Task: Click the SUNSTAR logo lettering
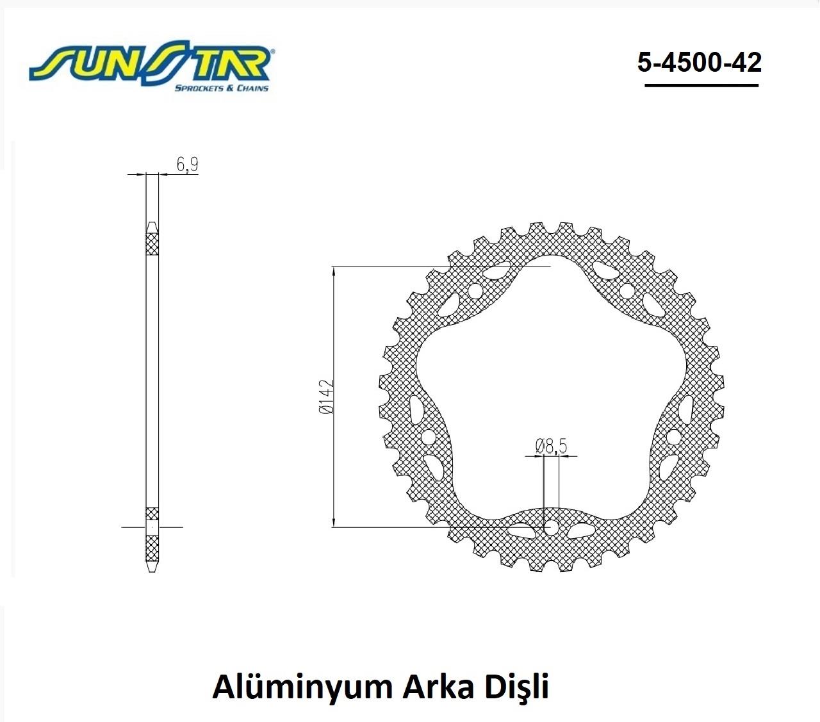coord(151,63)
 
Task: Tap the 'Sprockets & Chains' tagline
coord(222,88)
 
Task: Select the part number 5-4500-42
coord(700,62)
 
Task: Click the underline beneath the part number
coord(701,85)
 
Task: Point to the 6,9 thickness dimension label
coord(187,165)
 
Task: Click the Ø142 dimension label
coord(326,397)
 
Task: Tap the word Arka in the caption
coord(438,687)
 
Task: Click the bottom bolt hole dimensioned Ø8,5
coord(551,527)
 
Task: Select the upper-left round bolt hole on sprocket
coord(475,291)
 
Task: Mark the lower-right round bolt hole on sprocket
coord(674,437)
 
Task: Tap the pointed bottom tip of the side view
coord(152,571)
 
